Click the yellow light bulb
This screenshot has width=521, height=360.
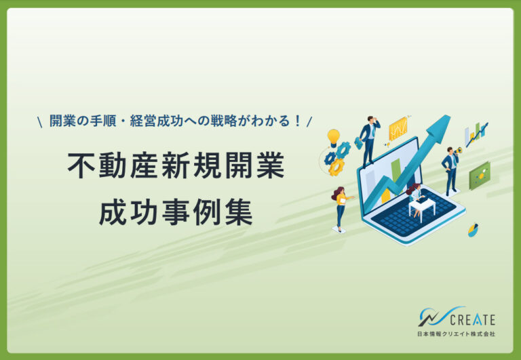[333, 138]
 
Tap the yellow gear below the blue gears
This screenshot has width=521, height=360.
[336, 167]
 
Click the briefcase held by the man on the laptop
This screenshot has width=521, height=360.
[358, 143]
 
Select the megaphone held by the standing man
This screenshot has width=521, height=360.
[458, 151]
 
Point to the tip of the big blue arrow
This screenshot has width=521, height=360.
[450, 115]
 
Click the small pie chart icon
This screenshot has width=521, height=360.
[473, 230]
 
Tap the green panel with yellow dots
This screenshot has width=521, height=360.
[480, 176]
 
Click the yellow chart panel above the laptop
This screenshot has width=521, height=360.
[398, 128]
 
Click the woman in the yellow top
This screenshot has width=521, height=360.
[341, 208]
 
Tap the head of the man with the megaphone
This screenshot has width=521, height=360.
[450, 150]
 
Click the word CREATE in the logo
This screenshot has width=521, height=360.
[472, 320]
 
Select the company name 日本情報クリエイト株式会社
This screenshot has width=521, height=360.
[456, 334]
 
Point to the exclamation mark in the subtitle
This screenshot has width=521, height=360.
[297, 121]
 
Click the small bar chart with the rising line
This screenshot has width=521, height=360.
[476, 134]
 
